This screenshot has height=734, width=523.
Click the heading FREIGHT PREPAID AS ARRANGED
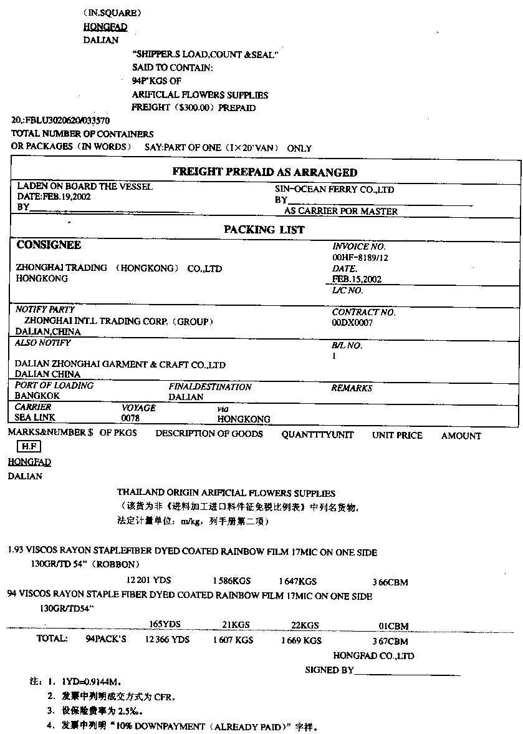click(x=264, y=173)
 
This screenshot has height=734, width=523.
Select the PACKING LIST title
click(x=264, y=230)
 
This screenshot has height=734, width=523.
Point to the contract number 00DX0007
click(x=352, y=323)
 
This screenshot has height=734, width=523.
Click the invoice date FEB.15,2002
click(x=357, y=279)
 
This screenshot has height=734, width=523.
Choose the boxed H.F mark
click(x=29, y=447)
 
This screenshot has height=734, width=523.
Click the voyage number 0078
click(x=131, y=418)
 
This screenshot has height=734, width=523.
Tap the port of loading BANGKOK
click(x=37, y=396)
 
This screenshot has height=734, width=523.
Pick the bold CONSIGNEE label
click(x=49, y=245)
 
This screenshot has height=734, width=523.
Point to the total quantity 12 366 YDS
click(x=167, y=640)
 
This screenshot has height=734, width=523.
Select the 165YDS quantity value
click(x=165, y=625)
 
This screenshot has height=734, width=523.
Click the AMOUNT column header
click(x=461, y=436)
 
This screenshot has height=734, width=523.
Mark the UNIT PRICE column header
click(x=397, y=435)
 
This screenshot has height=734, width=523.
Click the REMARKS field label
click(x=352, y=388)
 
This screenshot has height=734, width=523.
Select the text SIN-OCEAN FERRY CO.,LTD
click(x=335, y=190)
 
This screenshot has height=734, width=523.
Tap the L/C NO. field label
click(x=347, y=290)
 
